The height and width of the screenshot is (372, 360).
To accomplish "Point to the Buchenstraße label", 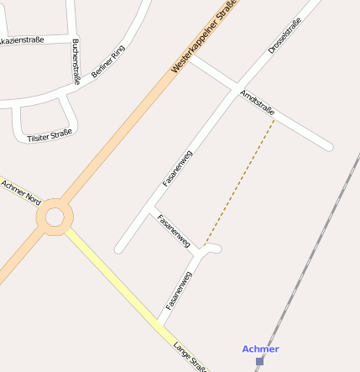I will click(x=76, y=61).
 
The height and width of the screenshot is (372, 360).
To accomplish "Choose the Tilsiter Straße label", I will click(x=50, y=134).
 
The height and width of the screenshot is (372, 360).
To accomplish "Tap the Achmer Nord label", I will click(x=21, y=193).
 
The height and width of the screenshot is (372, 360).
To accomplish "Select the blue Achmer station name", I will click(x=260, y=348).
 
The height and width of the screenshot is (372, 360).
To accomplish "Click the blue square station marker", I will click(x=260, y=361).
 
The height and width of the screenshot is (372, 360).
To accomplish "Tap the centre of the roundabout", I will click(x=55, y=217).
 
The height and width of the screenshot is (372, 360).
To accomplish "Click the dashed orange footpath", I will click(x=239, y=183).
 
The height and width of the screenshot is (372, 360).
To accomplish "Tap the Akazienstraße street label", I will click(x=22, y=39).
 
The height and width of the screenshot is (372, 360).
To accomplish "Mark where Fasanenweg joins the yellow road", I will click(x=159, y=322).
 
